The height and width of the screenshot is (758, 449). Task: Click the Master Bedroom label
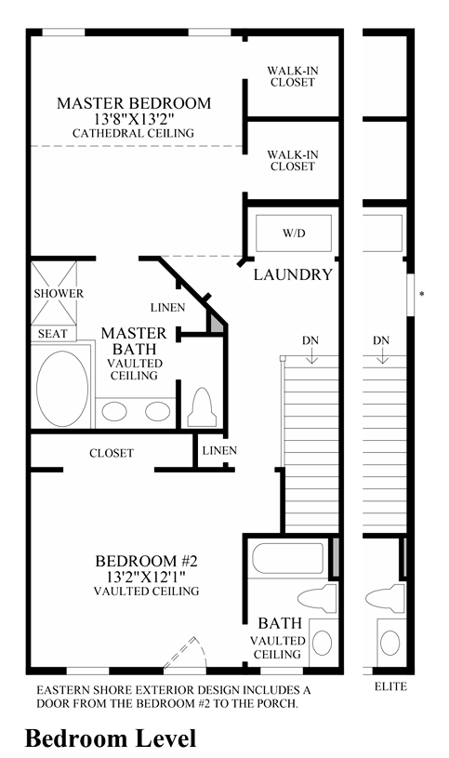[x=134, y=103]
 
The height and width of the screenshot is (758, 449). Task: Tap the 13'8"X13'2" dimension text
[x=134, y=118]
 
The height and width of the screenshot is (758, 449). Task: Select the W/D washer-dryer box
[x=294, y=233]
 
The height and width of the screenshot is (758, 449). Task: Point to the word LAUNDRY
[x=294, y=274]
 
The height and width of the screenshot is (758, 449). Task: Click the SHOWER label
[x=59, y=294]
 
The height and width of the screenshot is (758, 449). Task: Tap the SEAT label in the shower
[x=52, y=334]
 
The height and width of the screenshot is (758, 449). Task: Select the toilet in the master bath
[x=202, y=407]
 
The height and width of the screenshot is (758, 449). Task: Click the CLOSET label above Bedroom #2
[x=112, y=453]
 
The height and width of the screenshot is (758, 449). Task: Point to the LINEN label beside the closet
[x=219, y=450]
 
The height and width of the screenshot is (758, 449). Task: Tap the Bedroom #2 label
[x=147, y=561]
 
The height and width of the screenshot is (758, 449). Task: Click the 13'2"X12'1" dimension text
[x=147, y=576]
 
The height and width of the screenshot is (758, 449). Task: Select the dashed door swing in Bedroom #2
[x=186, y=653]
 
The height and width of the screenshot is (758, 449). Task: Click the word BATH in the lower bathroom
[x=280, y=623]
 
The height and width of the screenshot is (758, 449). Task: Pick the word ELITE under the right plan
[x=390, y=686]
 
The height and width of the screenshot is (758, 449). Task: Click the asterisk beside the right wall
[x=422, y=294]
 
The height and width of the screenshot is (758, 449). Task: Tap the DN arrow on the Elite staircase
[x=383, y=356]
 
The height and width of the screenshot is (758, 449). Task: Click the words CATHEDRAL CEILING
[x=133, y=133]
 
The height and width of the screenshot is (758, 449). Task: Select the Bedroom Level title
[x=111, y=738]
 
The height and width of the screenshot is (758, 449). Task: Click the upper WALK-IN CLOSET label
[x=293, y=76]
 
